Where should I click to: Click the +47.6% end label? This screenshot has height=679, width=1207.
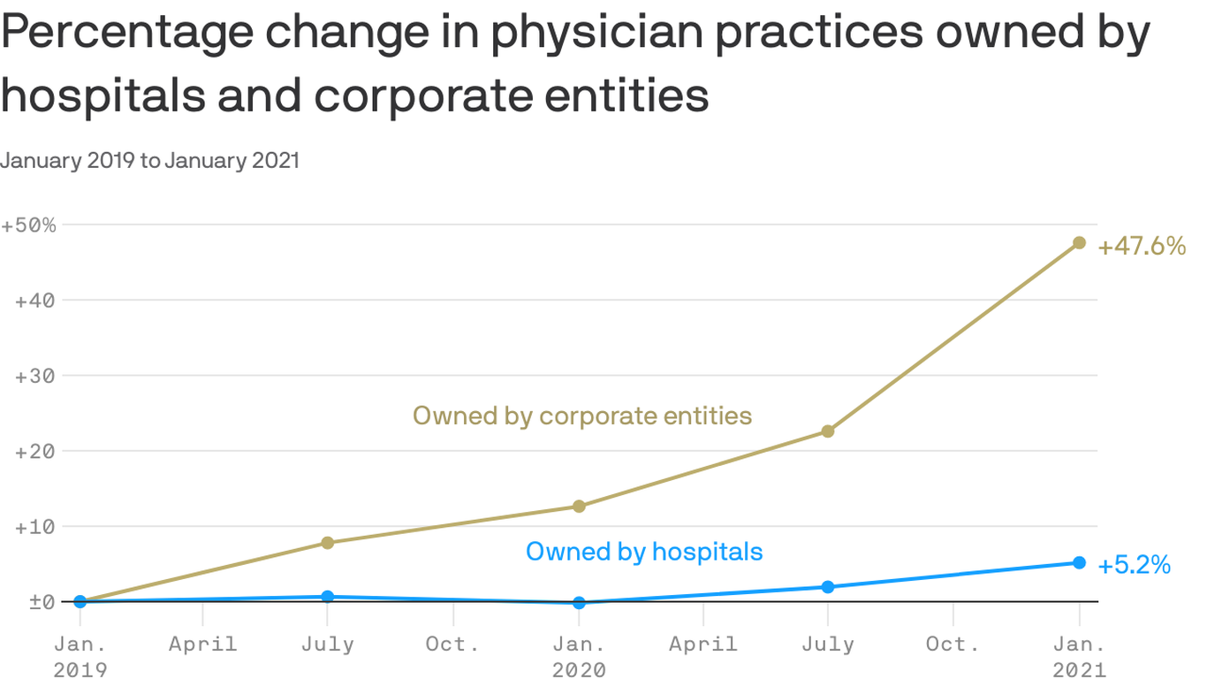tap(1141, 247)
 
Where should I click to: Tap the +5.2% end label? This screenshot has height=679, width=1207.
tap(1134, 565)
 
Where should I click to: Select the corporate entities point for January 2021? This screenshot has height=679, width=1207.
tap(1079, 242)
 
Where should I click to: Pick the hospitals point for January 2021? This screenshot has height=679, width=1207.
tap(1079, 562)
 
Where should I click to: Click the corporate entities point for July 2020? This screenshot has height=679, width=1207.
tap(828, 431)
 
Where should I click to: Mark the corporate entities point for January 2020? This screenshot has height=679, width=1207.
tap(579, 507)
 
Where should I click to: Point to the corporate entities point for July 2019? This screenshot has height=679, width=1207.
tap(328, 543)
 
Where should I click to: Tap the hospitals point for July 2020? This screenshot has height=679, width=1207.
tap(828, 587)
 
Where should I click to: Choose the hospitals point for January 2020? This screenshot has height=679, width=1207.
tap(579, 603)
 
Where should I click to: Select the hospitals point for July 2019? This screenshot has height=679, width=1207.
tap(328, 597)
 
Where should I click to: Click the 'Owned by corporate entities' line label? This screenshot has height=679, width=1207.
tap(582, 415)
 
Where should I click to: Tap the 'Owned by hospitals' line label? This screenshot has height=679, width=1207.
tap(644, 552)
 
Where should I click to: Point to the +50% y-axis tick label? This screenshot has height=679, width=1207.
tap(28, 225)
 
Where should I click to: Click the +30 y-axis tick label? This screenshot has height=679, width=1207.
tap(35, 376)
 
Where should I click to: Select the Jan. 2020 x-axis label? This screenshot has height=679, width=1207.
tap(579, 656)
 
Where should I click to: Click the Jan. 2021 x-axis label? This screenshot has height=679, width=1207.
tap(1079, 656)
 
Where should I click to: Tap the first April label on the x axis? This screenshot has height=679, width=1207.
tap(202, 644)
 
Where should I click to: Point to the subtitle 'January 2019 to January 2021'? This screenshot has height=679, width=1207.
tap(150, 160)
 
